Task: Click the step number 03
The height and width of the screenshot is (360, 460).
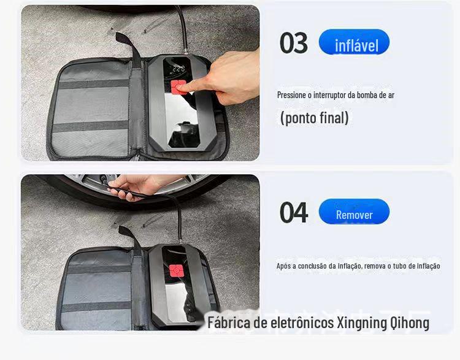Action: (x=293, y=44)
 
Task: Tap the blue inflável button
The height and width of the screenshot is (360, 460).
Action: (x=355, y=44)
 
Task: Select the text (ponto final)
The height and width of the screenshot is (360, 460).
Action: (x=314, y=118)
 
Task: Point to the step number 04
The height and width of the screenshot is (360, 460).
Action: (x=294, y=213)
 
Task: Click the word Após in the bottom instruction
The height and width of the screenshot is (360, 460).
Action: (x=283, y=266)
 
